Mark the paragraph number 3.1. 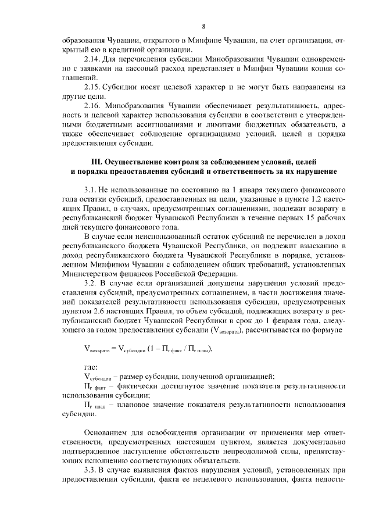pos(91,189)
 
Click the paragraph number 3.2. pos(91,282)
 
